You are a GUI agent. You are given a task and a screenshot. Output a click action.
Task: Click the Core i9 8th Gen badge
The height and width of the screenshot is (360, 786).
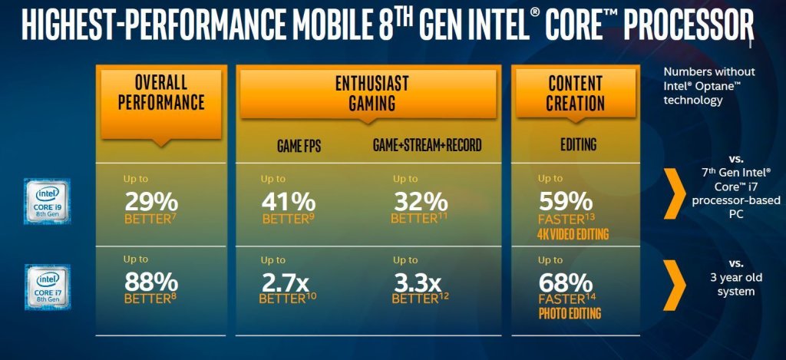[47, 201]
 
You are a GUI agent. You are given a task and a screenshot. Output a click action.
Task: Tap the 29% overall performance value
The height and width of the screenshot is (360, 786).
[151, 202]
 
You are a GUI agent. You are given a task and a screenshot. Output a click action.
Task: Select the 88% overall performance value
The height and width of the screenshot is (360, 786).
[151, 282]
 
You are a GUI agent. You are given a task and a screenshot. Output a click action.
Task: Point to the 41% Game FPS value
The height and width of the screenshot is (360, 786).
[289, 202]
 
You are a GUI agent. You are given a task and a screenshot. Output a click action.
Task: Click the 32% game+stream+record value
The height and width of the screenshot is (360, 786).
[420, 202]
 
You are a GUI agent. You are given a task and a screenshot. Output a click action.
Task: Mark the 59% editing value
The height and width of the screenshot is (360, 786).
[565, 202]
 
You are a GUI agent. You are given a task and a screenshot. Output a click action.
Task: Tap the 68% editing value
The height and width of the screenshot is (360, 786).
[565, 282]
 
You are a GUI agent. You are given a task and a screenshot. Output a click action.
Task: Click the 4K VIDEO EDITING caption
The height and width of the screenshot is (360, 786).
[572, 234]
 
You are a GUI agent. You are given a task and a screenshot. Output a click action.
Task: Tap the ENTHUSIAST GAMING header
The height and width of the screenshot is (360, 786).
[372, 92]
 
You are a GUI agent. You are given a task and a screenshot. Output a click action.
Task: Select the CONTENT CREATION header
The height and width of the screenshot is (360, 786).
[576, 92]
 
